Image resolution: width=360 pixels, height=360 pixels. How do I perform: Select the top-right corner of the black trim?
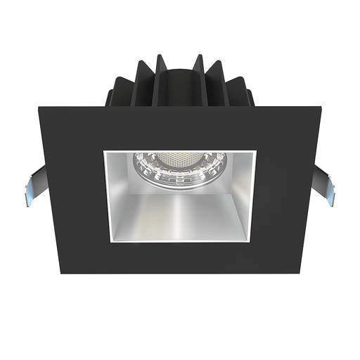click(321, 108)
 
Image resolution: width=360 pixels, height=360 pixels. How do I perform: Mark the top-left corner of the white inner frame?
click(104, 150)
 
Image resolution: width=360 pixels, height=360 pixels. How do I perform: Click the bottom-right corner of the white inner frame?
click(255, 243)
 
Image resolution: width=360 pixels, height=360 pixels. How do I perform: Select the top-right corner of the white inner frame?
click(256, 150)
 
